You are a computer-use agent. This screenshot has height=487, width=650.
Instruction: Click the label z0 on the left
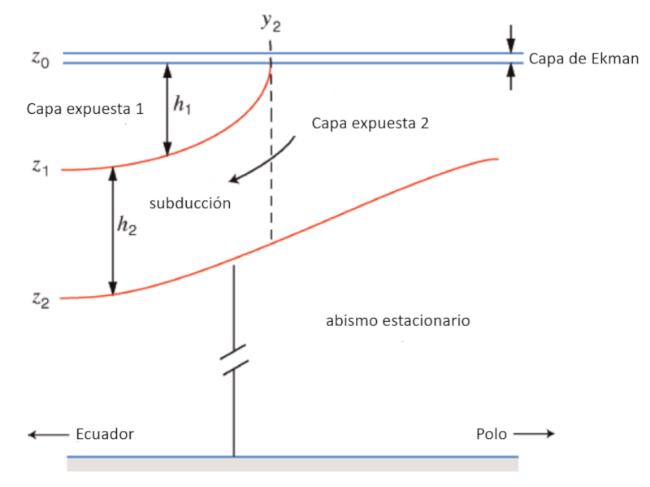pos(40,59)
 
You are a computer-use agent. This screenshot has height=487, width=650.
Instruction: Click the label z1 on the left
pos(40,169)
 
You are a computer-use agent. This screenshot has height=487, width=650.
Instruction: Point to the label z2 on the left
pos(40,298)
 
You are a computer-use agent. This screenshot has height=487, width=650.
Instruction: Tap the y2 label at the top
pos(271,22)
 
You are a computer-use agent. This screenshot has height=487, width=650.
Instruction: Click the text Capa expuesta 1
pos(84,108)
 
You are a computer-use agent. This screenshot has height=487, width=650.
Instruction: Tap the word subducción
pos(189,203)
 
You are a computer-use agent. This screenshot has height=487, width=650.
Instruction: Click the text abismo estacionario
pos(398,320)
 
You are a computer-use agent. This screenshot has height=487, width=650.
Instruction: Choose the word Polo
pos(492,434)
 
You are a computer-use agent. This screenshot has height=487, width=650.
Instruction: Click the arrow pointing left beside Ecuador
pos(47,435)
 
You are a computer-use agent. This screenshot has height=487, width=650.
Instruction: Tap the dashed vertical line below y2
pos(271,163)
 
